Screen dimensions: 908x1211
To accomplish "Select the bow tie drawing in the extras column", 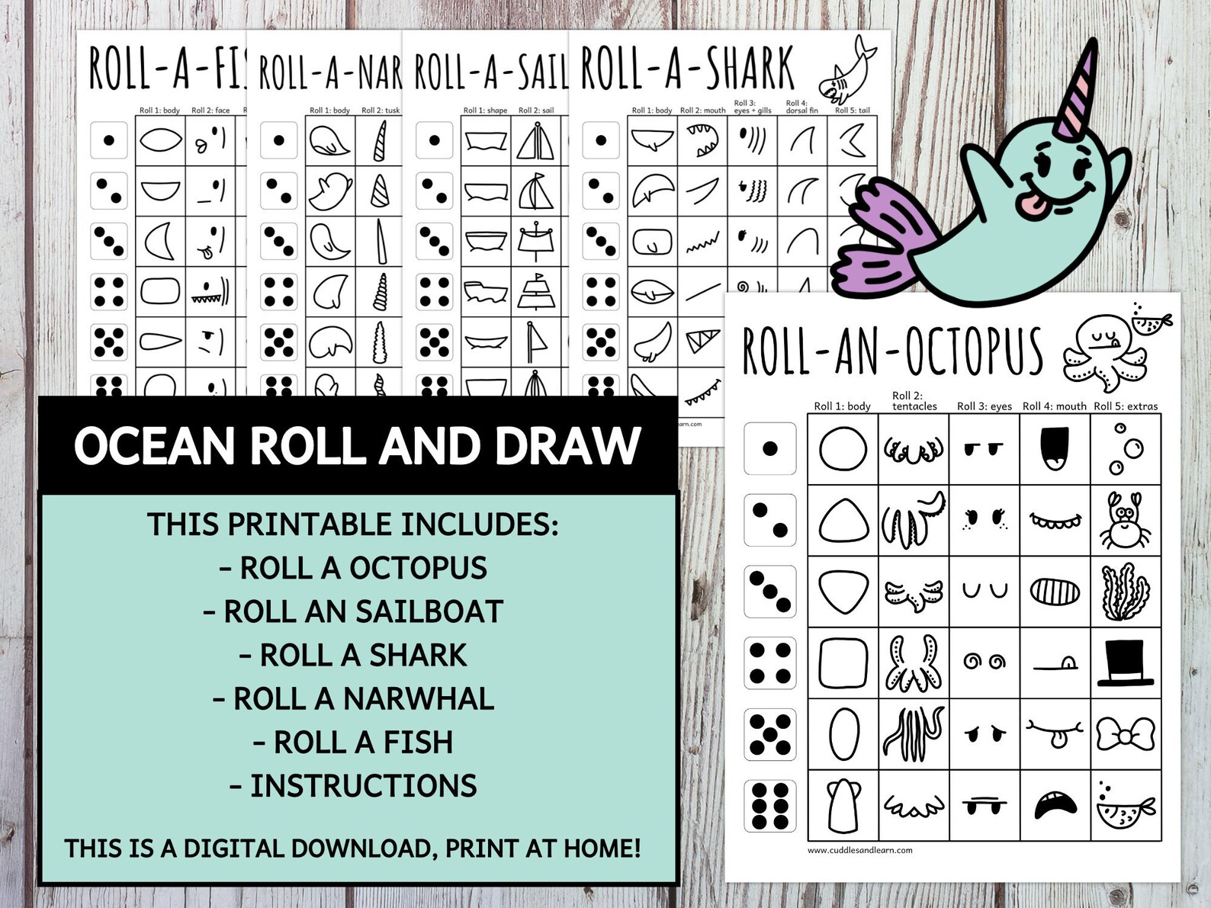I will [1125, 734].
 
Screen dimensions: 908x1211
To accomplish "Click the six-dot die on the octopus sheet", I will [769, 806].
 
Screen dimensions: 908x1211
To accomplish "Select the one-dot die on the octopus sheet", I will [769, 448].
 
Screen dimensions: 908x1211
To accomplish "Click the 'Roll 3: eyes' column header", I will [985, 406].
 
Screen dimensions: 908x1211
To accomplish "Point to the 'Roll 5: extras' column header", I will [1126, 406].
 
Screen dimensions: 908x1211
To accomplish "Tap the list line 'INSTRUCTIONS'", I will [353, 786].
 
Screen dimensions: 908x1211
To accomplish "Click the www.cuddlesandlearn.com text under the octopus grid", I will [859, 850].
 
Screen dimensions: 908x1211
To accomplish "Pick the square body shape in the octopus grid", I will [843, 663].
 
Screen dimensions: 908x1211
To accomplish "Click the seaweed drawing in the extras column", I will [1125, 592].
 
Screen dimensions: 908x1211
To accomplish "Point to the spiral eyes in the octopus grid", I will [984, 661].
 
